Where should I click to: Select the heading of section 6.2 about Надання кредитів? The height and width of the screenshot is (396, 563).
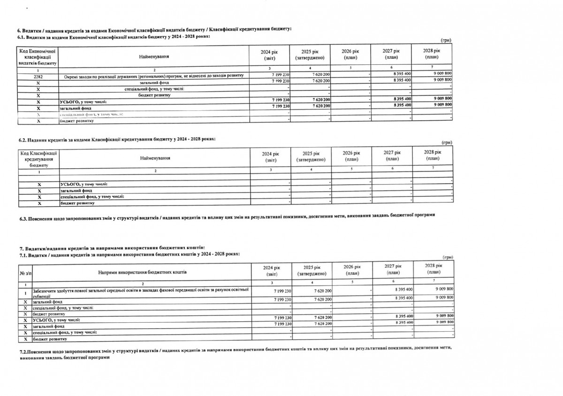(117, 140)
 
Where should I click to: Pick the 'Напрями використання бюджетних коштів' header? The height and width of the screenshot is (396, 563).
(142, 272)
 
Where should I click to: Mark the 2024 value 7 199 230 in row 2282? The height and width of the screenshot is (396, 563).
(279, 75)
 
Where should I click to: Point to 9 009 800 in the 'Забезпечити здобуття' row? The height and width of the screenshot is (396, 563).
(442, 289)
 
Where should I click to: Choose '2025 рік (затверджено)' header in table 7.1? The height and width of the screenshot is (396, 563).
(311, 270)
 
